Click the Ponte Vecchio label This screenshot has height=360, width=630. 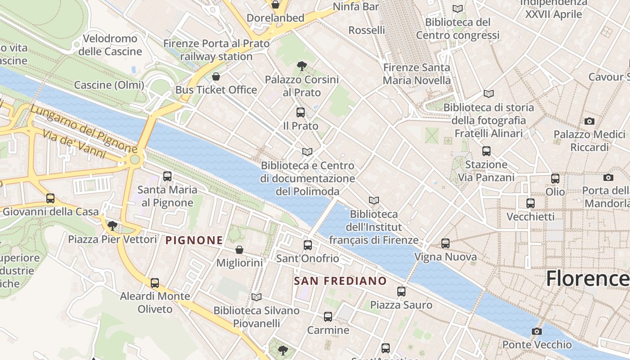click(x=537, y=345)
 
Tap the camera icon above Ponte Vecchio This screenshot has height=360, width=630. click(x=537, y=332)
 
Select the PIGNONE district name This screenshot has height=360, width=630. click(x=194, y=240)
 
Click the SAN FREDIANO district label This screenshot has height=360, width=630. click(x=340, y=281)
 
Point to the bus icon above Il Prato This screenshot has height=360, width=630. click(x=301, y=112)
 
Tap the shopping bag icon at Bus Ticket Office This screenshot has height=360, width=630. click(x=216, y=76)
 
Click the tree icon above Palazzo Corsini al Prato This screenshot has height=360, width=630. click(x=302, y=67)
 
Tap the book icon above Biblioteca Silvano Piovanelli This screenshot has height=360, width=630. click(x=256, y=297)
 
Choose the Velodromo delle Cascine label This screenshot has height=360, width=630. click(x=110, y=45)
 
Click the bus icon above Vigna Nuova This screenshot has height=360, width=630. click(x=445, y=243)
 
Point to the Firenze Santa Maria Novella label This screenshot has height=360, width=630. click(x=417, y=74)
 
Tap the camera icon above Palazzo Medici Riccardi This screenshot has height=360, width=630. click(x=589, y=121)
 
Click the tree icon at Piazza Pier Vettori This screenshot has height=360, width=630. click(x=112, y=225)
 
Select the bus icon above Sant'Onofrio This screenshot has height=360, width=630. click(x=308, y=245)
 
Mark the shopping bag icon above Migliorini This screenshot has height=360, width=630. click(x=239, y=249)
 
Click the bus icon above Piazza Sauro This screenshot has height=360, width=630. click(x=401, y=292)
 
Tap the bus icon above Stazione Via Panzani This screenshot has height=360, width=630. click(x=486, y=151)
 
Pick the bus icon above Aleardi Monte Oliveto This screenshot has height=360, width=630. click(x=155, y=283)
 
